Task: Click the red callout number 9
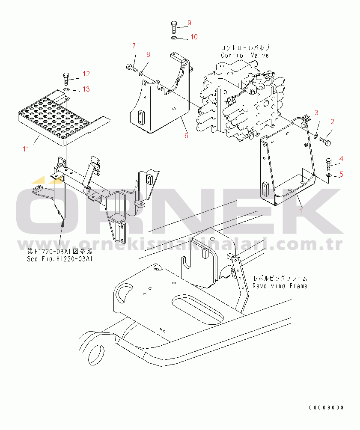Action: pyautogui.click(x=189, y=23)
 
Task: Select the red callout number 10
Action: pyautogui.click(x=194, y=37)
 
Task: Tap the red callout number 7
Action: pyautogui.click(x=134, y=46)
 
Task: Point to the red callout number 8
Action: pyautogui.click(x=148, y=55)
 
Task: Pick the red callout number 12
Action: pyautogui.click(x=86, y=74)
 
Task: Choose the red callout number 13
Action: pyautogui.click(x=86, y=89)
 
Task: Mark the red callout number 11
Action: pyautogui.click(x=26, y=149)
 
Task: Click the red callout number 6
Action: pyautogui.click(x=186, y=136)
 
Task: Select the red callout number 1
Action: pyautogui.click(x=301, y=211)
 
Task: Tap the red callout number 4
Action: pyautogui.click(x=341, y=159)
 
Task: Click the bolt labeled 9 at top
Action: pyautogui.click(x=174, y=27)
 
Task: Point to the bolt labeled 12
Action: pyautogui.click(x=66, y=79)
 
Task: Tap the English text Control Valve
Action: pyautogui.click(x=245, y=55)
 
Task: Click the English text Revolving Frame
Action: pyautogui.click(x=280, y=286)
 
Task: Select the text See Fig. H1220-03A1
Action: pyautogui.click(x=60, y=259)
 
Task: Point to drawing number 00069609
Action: pyautogui.click(x=326, y=408)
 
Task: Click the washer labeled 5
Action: pyautogui.click(x=329, y=175)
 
